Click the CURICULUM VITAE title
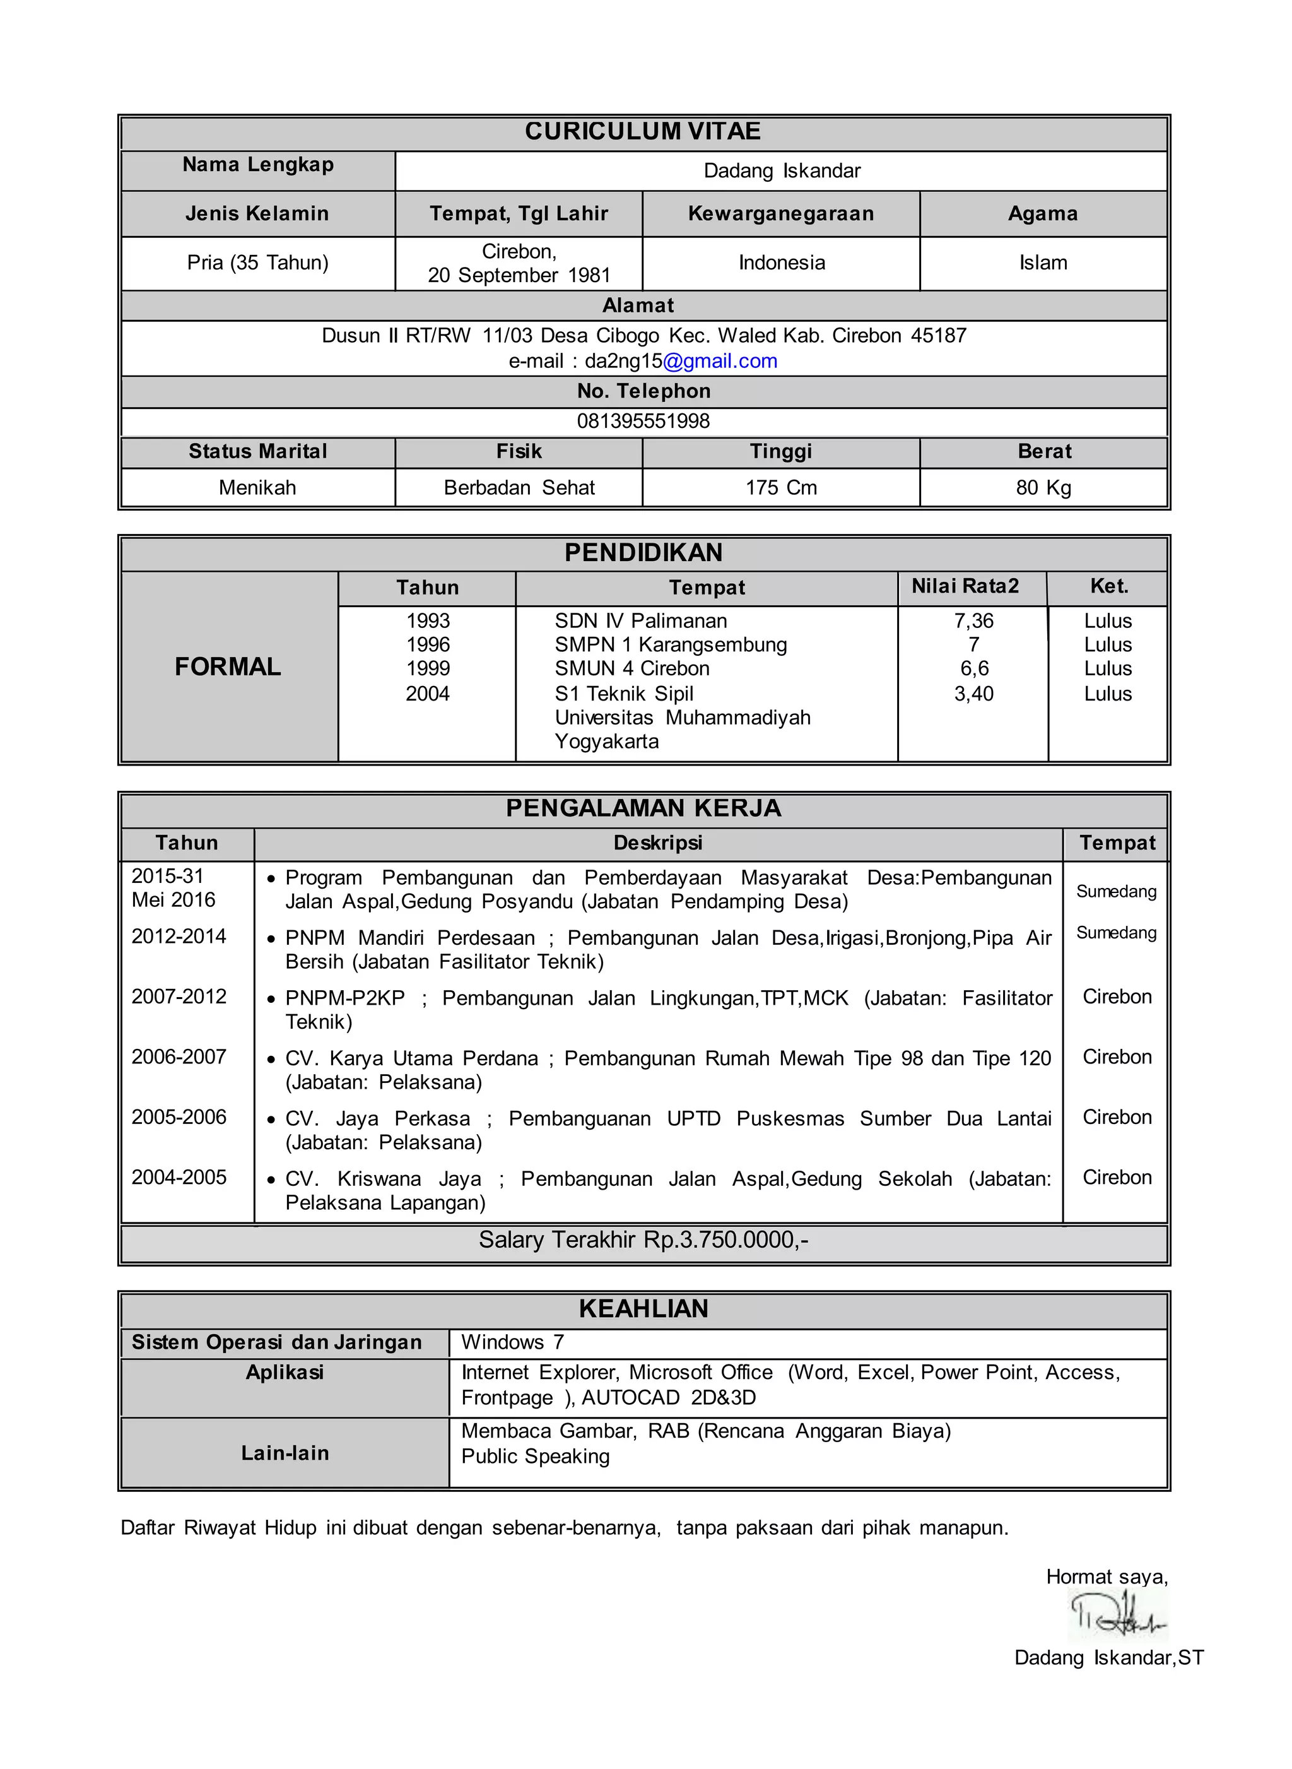[642, 131]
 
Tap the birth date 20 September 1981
[519, 275]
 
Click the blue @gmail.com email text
[720, 361]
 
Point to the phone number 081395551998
[643, 421]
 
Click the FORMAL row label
[228, 666]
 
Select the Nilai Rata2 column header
[965, 587]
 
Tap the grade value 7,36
[973, 621]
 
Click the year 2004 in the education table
[427, 694]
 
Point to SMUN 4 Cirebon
[632, 669]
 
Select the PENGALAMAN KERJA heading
[643, 808]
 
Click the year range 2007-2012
[179, 997]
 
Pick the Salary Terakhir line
[643, 1240]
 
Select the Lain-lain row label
[285, 1453]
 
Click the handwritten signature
[1116, 1616]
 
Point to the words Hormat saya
[1106, 1577]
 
